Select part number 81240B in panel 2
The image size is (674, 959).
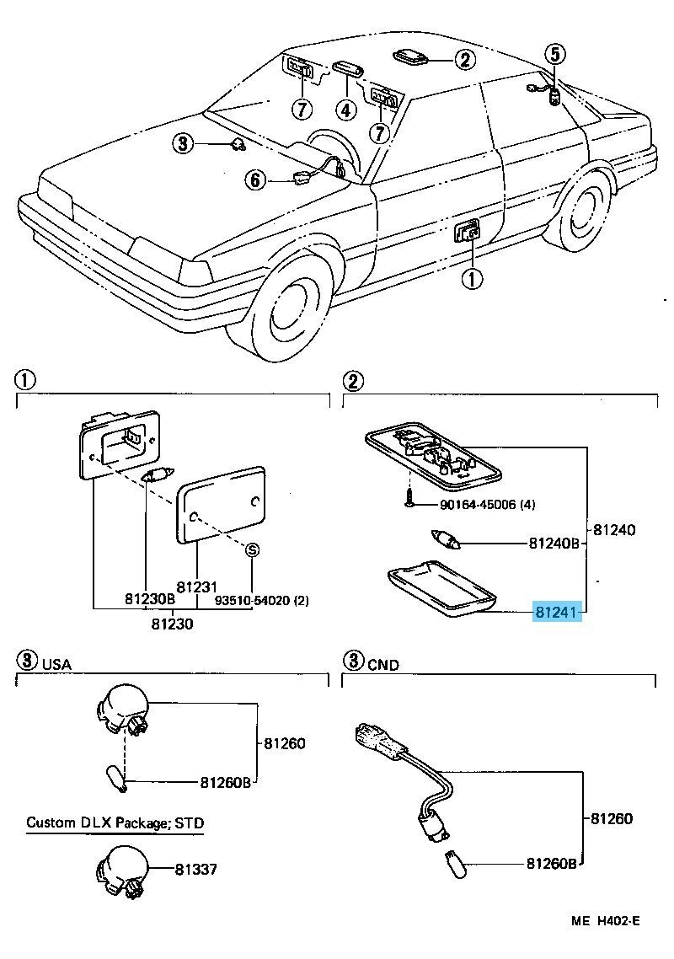(554, 544)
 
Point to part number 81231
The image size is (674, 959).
(197, 586)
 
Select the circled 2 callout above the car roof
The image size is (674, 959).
(465, 59)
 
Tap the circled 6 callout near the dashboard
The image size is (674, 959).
(256, 179)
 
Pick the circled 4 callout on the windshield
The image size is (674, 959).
(345, 109)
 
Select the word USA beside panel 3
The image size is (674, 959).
(57, 664)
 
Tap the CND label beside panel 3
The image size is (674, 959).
(383, 664)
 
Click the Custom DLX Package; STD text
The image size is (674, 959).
(115, 822)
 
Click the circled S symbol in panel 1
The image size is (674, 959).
(251, 549)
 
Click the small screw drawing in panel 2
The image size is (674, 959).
(408, 500)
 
